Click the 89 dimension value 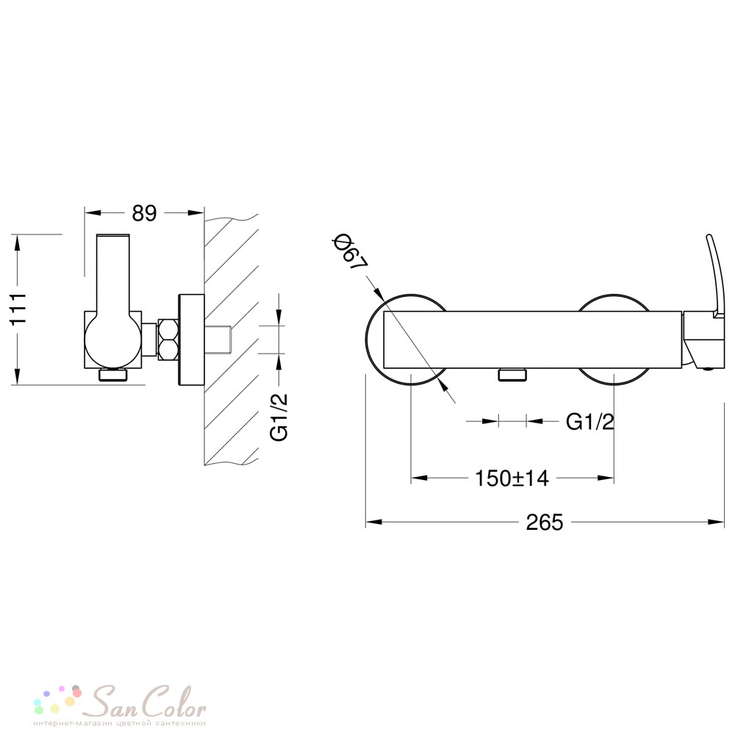[144, 213]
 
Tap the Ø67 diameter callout [349, 254]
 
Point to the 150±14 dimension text [512, 478]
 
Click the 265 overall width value [544, 522]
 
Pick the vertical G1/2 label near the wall [279, 417]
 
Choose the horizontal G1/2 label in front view [590, 422]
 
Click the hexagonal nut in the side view [168, 340]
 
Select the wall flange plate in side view [191, 340]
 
